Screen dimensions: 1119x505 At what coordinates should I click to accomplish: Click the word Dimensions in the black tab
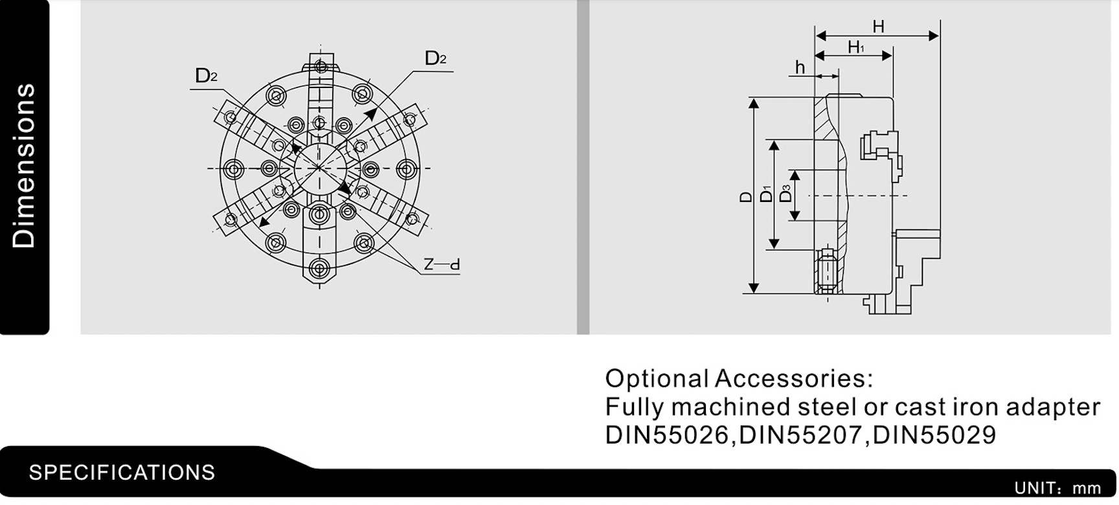[24, 166]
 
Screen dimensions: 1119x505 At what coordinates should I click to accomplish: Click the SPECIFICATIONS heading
[122, 473]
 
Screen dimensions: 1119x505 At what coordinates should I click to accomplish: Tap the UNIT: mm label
[1057, 488]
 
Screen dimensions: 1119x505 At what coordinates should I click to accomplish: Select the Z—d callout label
[442, 264]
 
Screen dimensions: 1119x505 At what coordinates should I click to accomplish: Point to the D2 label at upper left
[206, 76]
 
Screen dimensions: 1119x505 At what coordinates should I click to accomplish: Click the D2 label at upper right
[435, 58]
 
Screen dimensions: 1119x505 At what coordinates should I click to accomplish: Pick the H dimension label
[878, 27]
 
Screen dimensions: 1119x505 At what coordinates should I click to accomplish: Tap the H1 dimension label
[856, 47]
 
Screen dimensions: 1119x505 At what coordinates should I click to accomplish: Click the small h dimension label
[800, 67]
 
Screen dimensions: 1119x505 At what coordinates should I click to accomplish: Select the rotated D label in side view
[745, 197]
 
